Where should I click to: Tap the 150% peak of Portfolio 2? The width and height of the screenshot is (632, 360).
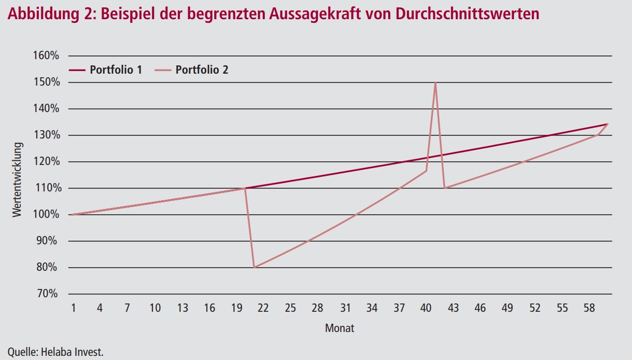coord(436,83)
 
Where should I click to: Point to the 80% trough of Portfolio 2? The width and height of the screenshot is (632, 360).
coord(254,267)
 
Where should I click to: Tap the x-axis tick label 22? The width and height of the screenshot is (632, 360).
coord(263,308)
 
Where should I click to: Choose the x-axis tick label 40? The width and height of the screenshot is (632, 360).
coord(426,308)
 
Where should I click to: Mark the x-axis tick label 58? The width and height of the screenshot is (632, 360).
coord(589,308)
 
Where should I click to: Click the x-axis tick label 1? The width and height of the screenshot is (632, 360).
coord(73,308)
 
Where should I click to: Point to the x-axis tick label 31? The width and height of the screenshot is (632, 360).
coord(345,308)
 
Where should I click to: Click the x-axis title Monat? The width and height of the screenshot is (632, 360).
coord(340,328)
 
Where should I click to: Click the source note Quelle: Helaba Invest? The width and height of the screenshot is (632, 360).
coord(55,352)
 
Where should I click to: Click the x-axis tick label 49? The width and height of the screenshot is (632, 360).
coord(508,308)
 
